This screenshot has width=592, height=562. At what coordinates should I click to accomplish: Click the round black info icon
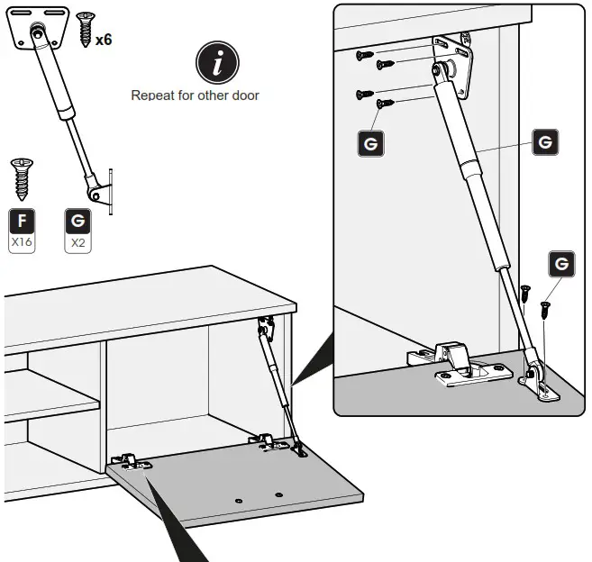(217, 62)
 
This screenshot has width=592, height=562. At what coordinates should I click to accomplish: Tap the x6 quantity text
(104, 40)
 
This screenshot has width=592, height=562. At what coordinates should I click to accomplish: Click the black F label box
(22, 222)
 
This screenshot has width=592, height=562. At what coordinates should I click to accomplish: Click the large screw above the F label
(22, 177)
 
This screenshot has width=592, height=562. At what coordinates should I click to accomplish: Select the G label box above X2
(77, 222)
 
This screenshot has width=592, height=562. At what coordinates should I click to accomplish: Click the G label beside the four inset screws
(369, 143)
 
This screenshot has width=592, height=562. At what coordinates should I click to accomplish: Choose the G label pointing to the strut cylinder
(544, 141)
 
